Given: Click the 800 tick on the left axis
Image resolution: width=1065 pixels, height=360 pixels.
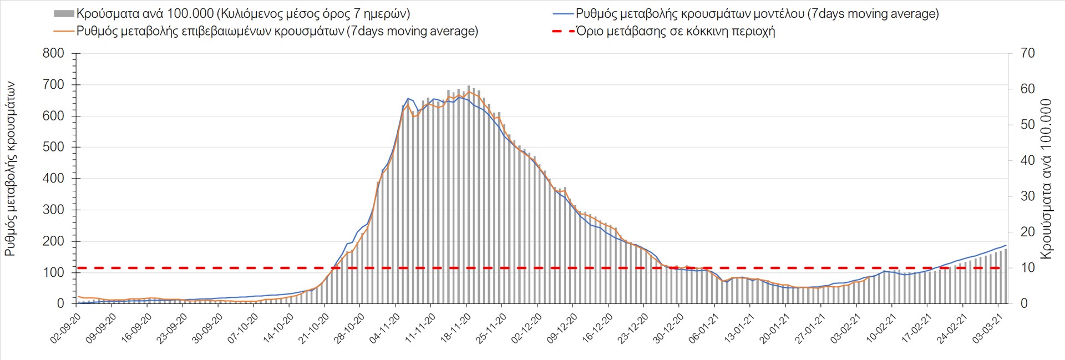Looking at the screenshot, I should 53,53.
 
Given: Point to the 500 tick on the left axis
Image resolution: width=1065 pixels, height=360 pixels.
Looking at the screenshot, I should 53,147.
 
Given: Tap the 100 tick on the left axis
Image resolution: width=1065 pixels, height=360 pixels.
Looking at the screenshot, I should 53,272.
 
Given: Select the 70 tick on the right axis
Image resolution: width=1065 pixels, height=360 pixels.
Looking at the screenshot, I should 1027,53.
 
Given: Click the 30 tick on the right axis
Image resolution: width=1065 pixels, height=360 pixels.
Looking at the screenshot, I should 1027,196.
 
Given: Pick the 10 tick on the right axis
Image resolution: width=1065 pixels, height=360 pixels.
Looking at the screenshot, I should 1027,268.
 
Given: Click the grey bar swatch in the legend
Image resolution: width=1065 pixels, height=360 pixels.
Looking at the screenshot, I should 64,13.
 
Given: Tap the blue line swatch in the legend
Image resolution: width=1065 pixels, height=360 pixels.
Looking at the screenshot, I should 563,13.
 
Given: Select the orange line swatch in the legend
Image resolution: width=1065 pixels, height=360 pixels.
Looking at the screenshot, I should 64,31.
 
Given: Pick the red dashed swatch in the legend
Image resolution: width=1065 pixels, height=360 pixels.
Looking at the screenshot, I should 563,31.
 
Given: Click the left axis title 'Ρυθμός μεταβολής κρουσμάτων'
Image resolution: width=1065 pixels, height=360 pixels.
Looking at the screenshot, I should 11,169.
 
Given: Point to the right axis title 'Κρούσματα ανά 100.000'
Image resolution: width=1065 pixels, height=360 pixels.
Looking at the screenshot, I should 1046,179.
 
